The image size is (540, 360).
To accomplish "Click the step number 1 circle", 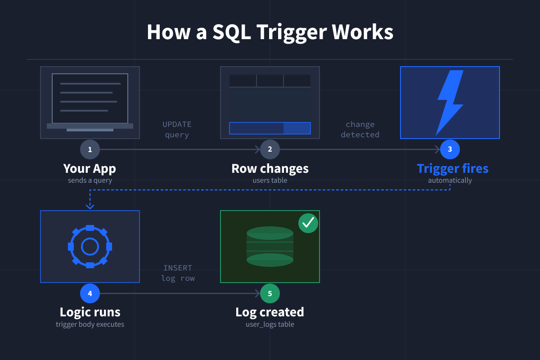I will (x=90, y=149).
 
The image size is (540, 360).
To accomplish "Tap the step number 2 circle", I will (x=270, y=149).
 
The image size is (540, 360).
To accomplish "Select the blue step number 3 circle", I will (x=450, y=149).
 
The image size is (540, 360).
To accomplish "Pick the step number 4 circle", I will (x=90, y=293).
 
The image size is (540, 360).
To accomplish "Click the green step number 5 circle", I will (x=270, y=293).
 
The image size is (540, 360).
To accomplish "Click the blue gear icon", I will (x=90, y=247).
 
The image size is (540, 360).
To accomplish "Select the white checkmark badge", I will (x=308, y=223).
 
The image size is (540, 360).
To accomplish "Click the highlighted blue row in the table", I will (x=270, y=128).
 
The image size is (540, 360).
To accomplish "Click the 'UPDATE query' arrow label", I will (x=177, y=130).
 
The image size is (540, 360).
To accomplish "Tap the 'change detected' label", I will (x=360, y=130).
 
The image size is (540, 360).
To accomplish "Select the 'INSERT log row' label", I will (x=178, y=273).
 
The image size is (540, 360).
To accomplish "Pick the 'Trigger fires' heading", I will (x=452, y=169).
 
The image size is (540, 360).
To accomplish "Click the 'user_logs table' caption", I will (x=270, y=324).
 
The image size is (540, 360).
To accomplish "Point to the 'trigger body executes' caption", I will (x=90, y=324).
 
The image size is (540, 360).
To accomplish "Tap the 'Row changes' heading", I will (x=270, y=169).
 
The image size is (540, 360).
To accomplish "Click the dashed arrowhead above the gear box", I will (x=90, y=206).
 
